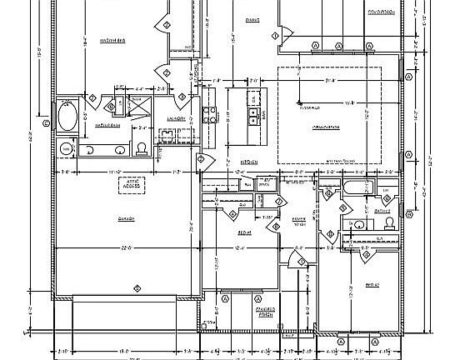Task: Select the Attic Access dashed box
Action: tap(130, 185)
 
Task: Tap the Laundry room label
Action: tap(176, 119)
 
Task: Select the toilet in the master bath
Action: tap(142, 149)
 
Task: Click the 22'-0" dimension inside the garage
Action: tap(126, 248)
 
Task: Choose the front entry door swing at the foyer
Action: tap(287, 265)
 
